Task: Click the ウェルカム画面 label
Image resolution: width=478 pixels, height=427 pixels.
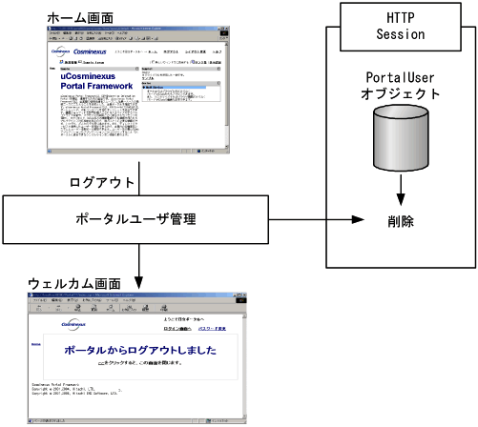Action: coord(75,284)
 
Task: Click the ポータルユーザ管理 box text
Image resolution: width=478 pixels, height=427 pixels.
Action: coord(135,220)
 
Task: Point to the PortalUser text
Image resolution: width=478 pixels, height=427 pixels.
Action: coord(401,77)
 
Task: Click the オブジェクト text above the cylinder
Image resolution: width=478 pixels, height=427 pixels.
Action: coord(401,94)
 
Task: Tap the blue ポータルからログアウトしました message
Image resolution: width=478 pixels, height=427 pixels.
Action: coord(139,351)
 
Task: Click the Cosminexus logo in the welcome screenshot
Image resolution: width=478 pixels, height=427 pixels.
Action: coord(78,325)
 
